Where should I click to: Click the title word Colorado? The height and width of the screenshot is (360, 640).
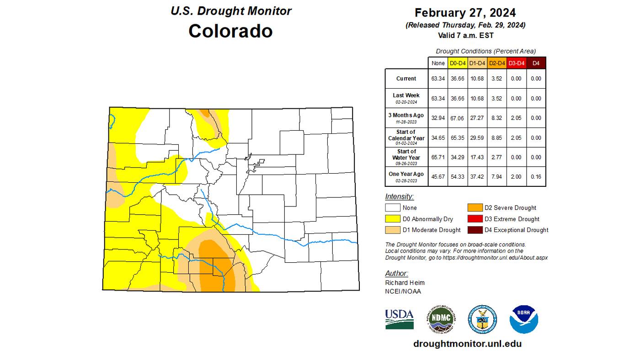(x=230, y=31)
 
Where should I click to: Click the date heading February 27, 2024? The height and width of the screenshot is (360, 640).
(x=465, y=12)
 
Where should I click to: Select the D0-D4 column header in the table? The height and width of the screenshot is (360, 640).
(x=458, y=63)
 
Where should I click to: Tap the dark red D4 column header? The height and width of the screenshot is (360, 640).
(x=536, y=63)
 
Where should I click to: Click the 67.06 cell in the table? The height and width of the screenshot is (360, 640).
(x=458, y=118)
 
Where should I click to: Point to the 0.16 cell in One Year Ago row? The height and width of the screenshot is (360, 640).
(x=536, y=177)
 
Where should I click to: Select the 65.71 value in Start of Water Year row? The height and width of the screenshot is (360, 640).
(x=438, y=157)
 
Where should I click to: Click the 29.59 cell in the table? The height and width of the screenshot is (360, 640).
(x=477, y=138)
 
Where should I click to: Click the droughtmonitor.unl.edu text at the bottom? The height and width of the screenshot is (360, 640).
(x=467, y=344)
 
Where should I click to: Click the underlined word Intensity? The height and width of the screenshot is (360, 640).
(x=399, y=197)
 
